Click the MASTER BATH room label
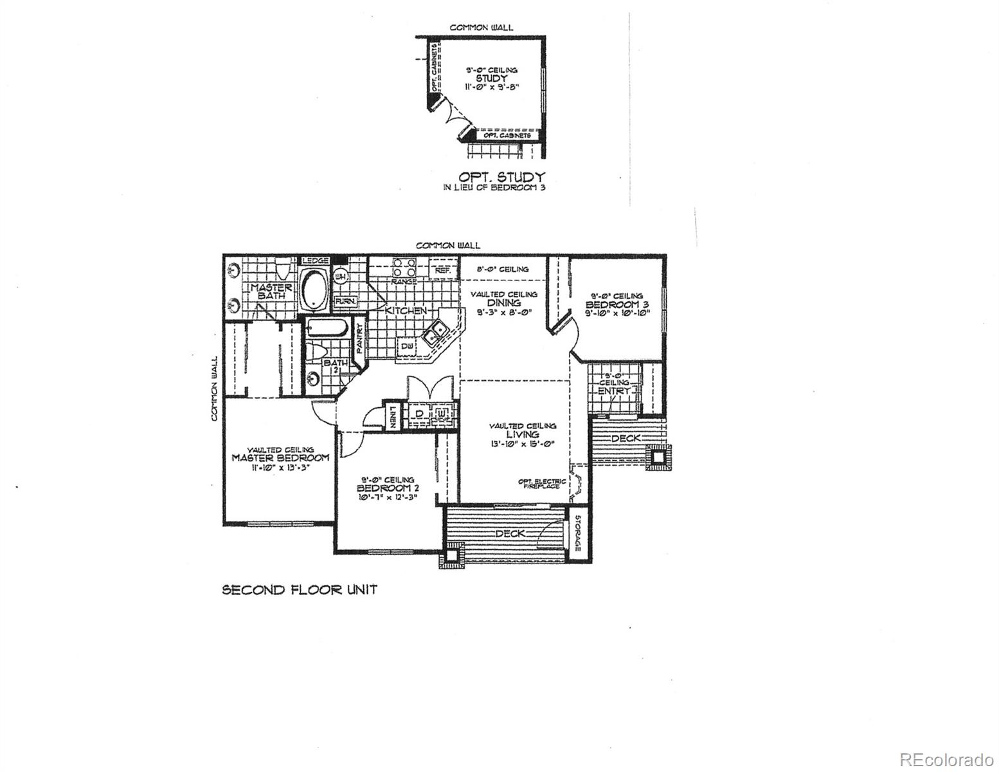pyautogui.click(x=271, y=291)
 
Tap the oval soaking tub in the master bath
pyautogui.click(x=315, y=288)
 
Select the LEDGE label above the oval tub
pyautogui.click(x=316, y=261)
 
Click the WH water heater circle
pyautogui.click(x=341, y=277)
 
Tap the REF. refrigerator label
pyautogui.click(x=442, y=271)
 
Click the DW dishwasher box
pyautogui.click(x=406, y=347)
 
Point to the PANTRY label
pyautogui.click(x=359, y=341)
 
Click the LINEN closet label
pyautogui.click(x=392, y=417)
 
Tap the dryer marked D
pyautogui.click(x=419, y=414)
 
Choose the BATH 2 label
pyautogui.click(x=335, y=366)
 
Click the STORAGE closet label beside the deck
pyautogui.click(x=577, y=533)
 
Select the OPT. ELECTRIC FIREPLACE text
pyautogui.click(x=543, y=484)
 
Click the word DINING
pyautogui.click(x=503, y=302)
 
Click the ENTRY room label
pyautogui.click(x=614, y=391)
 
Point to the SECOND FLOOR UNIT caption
pyautogui.click(x=299, y=589)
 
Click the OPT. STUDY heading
pyautogui.click(x=501, y=176)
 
